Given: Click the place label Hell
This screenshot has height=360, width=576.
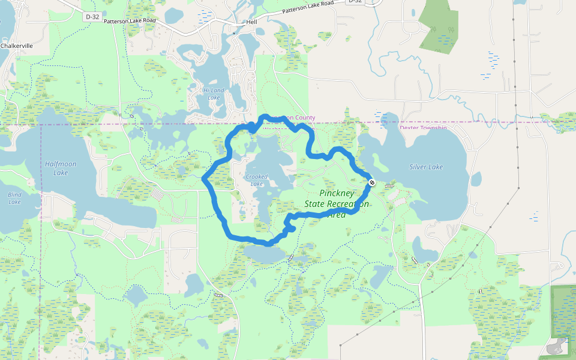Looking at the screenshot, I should pyautogui.click(x=251, y=22).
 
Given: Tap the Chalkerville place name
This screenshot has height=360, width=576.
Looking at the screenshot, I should pyautogui.click(x=16, y=46).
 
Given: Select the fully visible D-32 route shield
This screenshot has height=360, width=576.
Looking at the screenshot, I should pyautogui.click(x=92, y=17).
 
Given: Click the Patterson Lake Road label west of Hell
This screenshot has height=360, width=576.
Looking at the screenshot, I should pyautogui.click(x=130, y=21).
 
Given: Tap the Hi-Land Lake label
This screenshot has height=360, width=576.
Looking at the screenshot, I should pyautogui.click(x=214, y=94).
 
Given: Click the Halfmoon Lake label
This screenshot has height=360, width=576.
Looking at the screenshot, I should pyautogui.click(x=56, y=168).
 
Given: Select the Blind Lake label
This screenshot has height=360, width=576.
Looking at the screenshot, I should pyautogui.click(x=14, y=198).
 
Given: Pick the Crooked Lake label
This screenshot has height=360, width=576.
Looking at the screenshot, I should pyautogui.click(x=257, y=180).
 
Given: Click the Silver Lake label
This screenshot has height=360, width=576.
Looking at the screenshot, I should pyautogui.click(x=426, y=167).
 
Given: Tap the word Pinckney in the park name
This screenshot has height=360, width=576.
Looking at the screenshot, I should pyautogui.click(x=337, y=193).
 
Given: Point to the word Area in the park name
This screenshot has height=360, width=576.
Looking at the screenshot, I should pyautogui.click(x=336, y=214).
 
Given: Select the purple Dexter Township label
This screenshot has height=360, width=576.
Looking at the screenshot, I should pyautogui.click(x=424, y=128).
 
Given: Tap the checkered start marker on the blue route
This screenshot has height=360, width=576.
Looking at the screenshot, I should pyautogui.click(x=372, y=182).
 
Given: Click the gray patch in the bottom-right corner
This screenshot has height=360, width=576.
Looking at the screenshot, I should pyautogui.click(x=557, y=346).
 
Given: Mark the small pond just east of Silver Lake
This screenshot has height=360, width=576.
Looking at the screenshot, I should pyautogui.click(x=476, y=179).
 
